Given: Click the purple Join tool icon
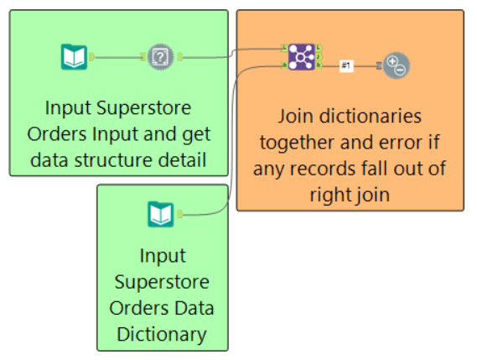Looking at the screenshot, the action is tap(301, 57).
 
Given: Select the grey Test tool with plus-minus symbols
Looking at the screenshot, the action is tap(397, 65).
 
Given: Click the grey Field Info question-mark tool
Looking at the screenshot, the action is tap(161, 57).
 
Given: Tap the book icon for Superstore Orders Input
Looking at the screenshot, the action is tap(74, 57).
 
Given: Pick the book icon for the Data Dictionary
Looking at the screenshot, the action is tap(161, 215).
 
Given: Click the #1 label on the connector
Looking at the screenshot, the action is tap(346, 65).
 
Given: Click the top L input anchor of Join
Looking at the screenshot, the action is tap(284, 48).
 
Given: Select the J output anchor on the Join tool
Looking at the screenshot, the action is tap(319, 57).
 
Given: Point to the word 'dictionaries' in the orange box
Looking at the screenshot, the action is tap(371, 117).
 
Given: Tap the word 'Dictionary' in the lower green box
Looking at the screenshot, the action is tap(162, 335).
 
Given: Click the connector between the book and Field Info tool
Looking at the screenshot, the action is tap(118, 57).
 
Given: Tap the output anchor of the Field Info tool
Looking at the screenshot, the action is tap(180, 57).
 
